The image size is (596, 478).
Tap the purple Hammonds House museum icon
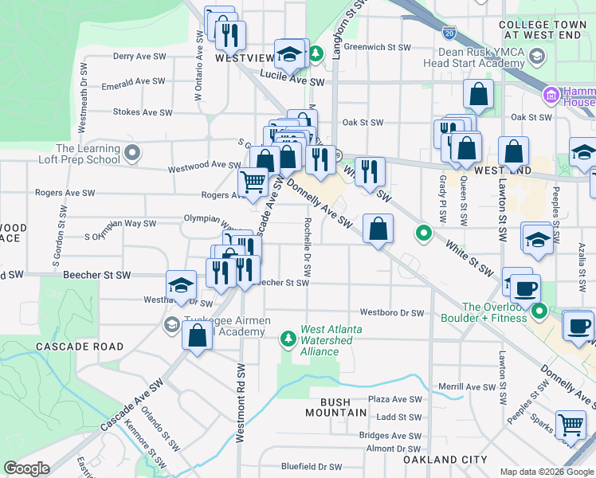pyautogui.click(x=549, y=96)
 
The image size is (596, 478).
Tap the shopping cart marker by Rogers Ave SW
pyautogui.click(x=253, y=182)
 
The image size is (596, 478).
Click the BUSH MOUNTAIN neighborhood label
pyautogui.click(x=337, y=413)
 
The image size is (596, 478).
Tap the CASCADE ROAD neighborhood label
pyautogui.click(x=79, y=347)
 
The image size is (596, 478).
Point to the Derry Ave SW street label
pyautogui.click(x=139, y=57)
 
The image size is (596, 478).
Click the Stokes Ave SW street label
pyautogui.click(x=143, y=112)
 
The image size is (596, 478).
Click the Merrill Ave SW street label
pyautogui.click(x=468, y=386)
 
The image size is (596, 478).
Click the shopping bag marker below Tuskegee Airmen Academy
pyautogui.click(x=198, y=335)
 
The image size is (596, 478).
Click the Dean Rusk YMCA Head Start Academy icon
pyautogui.click(x=537, y=56)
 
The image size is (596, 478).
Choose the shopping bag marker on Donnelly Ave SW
pyautogui.click(x=378, y=229)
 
